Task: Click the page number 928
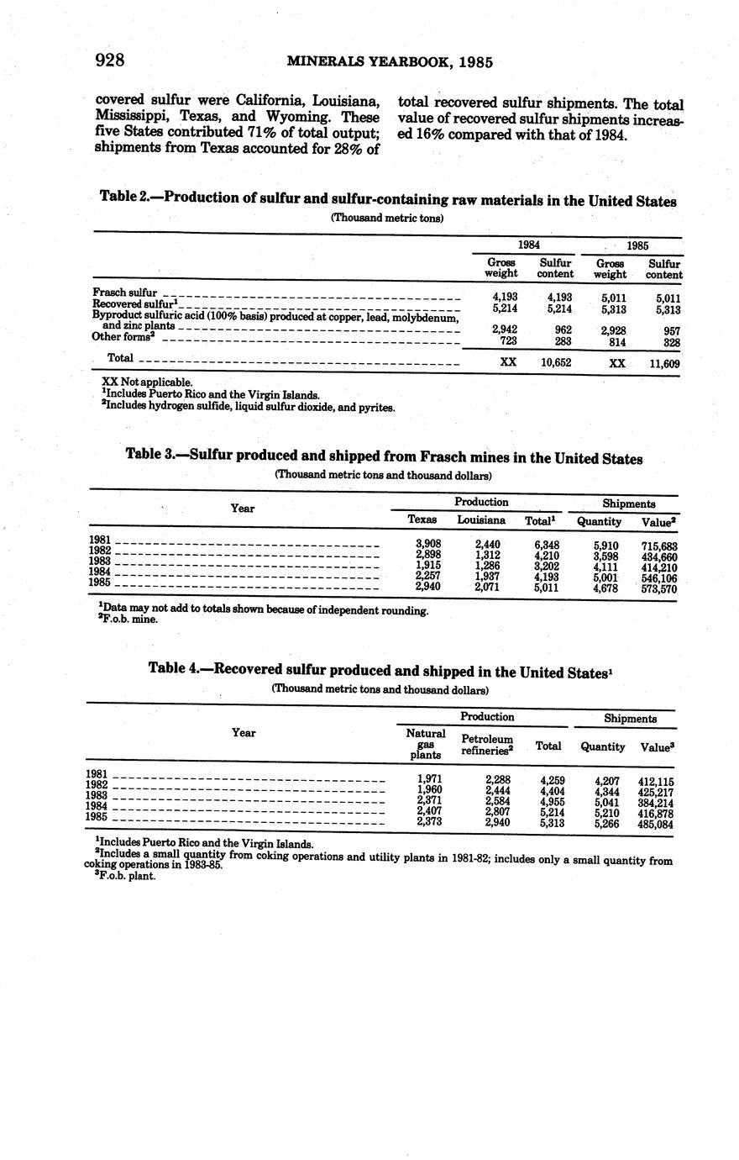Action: pos(110,60)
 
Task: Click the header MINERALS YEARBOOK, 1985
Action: pos(389,61)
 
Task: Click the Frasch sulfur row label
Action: pos(125,292)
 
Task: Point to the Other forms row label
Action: pos(123,336)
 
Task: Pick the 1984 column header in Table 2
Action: pos(528,244)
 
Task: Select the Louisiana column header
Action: pos(480,520)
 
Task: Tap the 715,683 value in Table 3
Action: pos(659,546)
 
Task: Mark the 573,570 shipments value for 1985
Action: pos(659,589)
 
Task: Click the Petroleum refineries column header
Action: pos(487,746)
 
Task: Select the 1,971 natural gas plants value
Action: pos(429,779)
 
